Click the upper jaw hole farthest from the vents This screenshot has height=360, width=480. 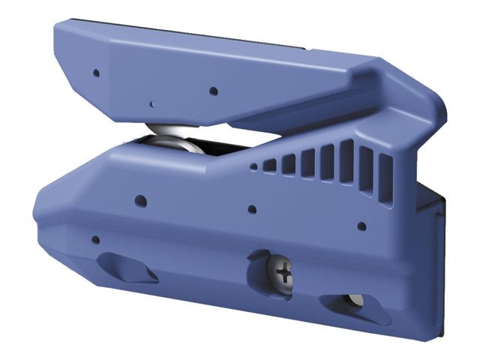pyautogui.click(x=96, y=73)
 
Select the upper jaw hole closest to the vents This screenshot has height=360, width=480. pyautogui.click(x=214, y=91)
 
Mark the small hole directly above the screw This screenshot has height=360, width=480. pyautogui.click(x=252, y=209)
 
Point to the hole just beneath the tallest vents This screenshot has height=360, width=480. pyautogui.click(x=361, y=225)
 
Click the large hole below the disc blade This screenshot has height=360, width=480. pyautogui.click(x=140, y=200)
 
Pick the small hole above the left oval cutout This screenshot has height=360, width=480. pyautogui.click(x=94, y=240)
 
